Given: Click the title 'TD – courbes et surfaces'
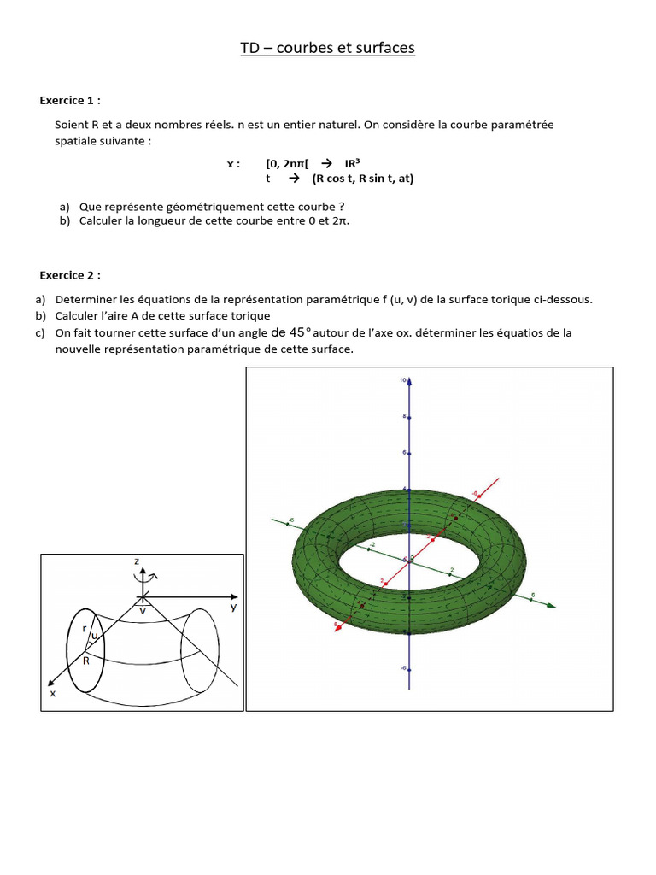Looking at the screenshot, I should (x=328, y=48).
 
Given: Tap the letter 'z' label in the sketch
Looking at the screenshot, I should (x=137, y=561).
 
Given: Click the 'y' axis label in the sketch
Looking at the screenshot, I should (x=232, y=607).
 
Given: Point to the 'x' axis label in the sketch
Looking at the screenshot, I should (x=53, y=694).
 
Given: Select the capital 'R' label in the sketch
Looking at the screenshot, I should (x=86, y=660).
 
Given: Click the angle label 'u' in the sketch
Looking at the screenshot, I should (x=95, y=637).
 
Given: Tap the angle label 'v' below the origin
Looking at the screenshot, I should (x=143, y=612).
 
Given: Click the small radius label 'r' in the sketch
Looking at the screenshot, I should (x=84, y=628).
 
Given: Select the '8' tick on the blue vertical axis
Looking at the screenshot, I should (x=405, y=417).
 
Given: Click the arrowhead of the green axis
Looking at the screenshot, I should (x=553, y=606).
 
